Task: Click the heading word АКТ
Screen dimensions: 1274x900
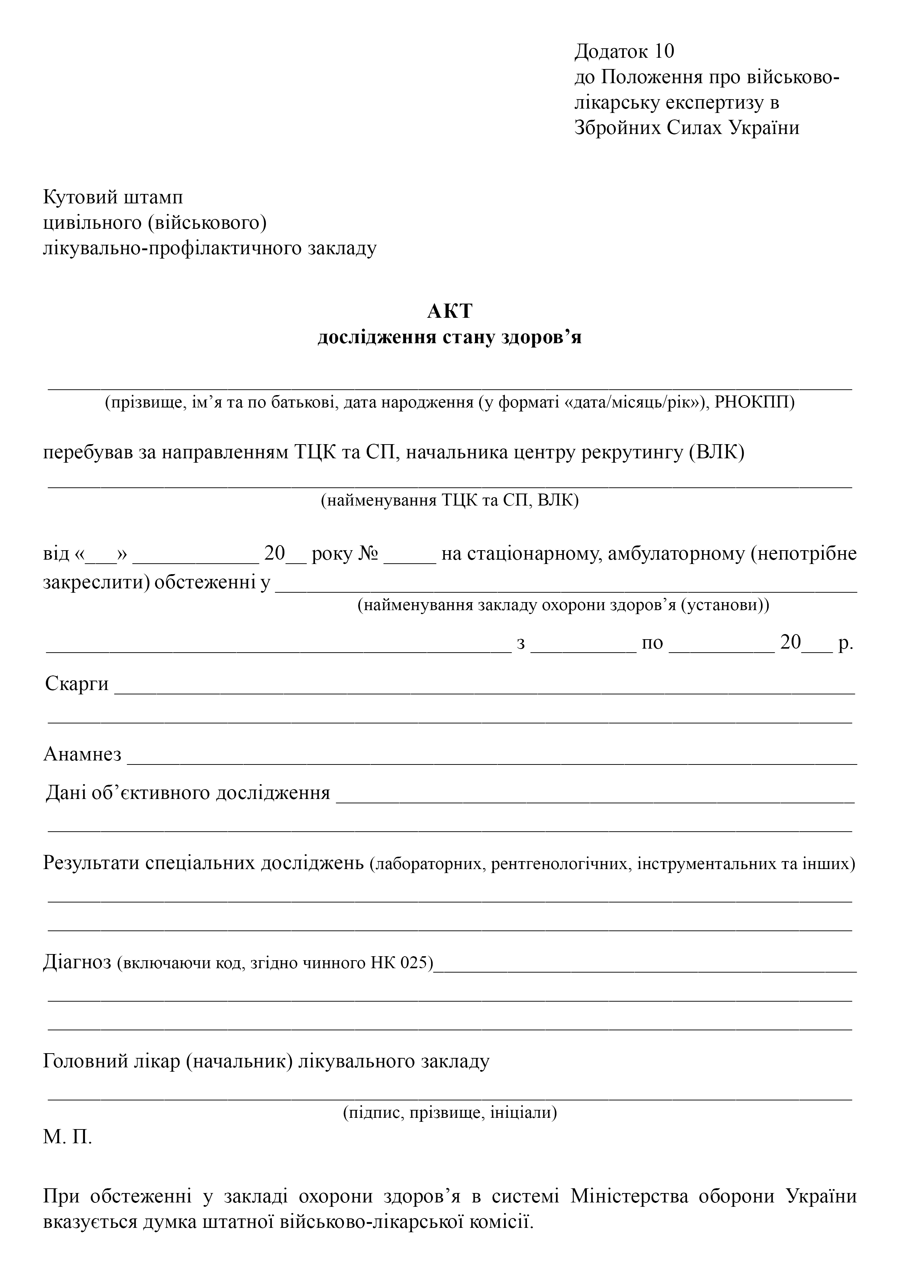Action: point(449,311)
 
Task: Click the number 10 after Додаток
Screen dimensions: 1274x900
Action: point(664,51)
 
